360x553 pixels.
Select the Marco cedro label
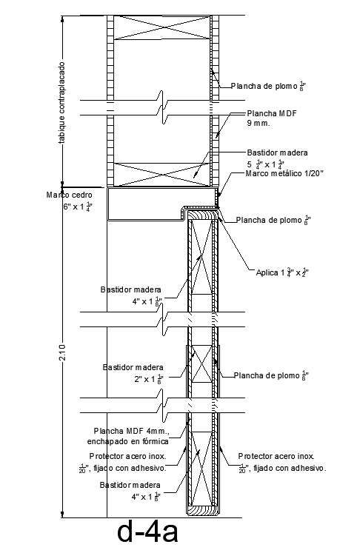point(70,195)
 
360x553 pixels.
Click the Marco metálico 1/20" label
point(284,173)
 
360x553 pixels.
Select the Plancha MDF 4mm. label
point(131,431)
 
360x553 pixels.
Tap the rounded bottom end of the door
point(201,509)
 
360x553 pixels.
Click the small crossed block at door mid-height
point(201,363)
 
